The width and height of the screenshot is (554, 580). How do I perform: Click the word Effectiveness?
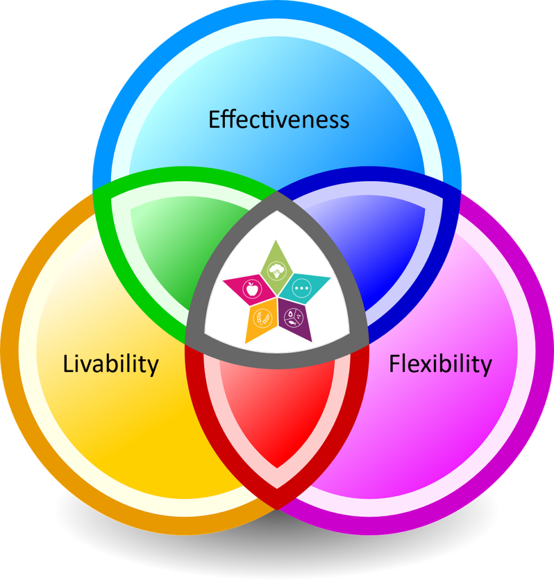[x=279, y=119]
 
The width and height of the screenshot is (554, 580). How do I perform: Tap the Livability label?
[x=110, y=364]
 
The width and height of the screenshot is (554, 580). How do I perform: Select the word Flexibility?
[x=441, y=364]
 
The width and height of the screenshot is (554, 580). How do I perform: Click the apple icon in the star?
[x=252, y=289]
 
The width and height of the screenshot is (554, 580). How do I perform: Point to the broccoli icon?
[x=276, y=271]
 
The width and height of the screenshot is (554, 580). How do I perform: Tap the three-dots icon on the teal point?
[x=302, y=288]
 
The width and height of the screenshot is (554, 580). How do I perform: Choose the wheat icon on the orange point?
[x=262, y=318]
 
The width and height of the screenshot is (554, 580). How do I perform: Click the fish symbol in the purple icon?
[x=293, y=322]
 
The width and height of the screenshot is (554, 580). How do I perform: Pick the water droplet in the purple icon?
[x=291, y=314]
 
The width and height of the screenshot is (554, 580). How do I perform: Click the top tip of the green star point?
[x=275, y=240]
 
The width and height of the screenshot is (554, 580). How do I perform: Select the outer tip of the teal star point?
[x=331, y=277]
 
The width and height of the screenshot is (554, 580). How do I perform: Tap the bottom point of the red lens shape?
[x=277, y=509]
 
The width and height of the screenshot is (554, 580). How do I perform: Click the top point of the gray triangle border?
[x=277, y=191]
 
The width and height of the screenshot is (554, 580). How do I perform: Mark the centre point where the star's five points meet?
[x=277, y=296]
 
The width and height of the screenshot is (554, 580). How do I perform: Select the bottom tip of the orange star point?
[x=246, y=343]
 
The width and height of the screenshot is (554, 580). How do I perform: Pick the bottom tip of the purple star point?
[x=312, y=342]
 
